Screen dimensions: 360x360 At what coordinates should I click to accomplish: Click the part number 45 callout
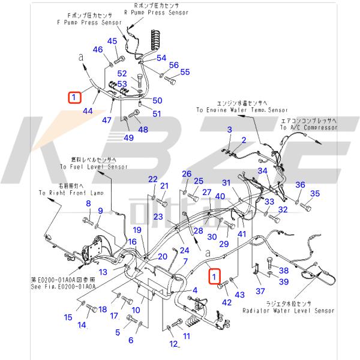click(112, 41)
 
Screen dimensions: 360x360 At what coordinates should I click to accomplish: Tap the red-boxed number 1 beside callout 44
click(74, 96)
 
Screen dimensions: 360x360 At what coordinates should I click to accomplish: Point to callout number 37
click(260, 291)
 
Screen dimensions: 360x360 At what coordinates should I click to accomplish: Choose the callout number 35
click(314, 193)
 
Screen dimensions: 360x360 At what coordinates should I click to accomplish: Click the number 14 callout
click(82, 325)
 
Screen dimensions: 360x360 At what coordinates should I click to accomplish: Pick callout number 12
click(173, 344)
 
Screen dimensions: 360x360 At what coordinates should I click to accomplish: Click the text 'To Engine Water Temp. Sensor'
click(241, 110)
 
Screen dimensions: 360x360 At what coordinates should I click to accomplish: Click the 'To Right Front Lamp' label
click(71, 193)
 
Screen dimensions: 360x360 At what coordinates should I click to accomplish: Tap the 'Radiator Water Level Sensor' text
click(289, 311)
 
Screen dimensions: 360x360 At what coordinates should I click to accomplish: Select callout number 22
click(153, 179)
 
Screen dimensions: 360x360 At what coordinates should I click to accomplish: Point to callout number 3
click(229, 130)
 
